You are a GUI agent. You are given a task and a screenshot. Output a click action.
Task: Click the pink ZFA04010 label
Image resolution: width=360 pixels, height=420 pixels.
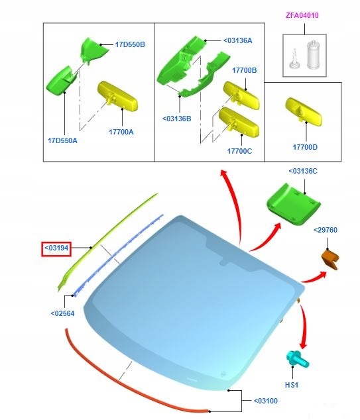302,15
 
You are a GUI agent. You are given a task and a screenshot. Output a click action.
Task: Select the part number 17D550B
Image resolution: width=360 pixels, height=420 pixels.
130,44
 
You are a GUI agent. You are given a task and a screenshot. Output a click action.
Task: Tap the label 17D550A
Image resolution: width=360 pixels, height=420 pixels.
62,140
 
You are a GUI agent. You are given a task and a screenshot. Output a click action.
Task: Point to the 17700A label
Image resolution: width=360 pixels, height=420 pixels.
121,132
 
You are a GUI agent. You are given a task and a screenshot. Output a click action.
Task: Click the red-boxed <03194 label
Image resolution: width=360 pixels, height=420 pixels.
56,248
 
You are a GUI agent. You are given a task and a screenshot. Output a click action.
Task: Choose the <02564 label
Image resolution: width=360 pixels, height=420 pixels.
62,313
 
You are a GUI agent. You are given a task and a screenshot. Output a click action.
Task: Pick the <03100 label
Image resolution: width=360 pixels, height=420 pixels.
266,401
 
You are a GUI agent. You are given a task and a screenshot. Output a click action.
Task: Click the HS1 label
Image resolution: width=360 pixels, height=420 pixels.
291,385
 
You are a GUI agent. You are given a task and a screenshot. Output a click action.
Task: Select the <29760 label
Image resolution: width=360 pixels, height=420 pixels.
326,230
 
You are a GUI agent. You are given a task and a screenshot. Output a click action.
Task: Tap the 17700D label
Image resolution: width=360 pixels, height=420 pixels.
305,147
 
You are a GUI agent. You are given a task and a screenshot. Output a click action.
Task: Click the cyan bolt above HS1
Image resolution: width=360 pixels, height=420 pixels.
297,359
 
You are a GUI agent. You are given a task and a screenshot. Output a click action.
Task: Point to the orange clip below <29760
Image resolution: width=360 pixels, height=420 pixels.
331,259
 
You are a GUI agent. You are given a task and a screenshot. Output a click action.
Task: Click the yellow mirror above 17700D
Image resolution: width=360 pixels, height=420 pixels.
304,111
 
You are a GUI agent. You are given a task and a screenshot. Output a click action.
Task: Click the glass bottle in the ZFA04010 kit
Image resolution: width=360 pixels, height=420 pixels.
313,55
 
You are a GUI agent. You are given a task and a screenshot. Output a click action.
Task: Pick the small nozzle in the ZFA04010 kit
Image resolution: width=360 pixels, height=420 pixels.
294,59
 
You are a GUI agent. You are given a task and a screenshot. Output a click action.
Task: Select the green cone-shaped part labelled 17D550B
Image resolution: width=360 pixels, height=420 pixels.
94,50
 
